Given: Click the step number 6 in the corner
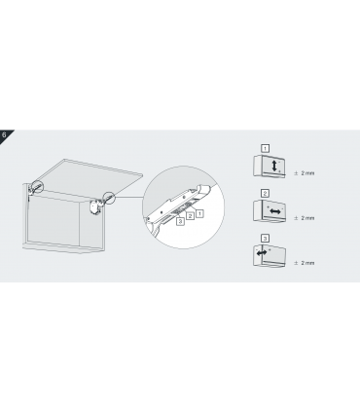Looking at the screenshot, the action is (4, 134).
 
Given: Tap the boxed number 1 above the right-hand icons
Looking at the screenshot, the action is (265, 148).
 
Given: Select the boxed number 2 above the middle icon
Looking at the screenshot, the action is (265, 194).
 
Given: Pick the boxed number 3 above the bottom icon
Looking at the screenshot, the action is (265, 239).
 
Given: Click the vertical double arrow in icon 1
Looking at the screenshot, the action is (274, 166).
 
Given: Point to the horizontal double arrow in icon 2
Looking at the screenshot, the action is (275, 211).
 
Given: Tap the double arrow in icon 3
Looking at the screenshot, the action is (262, 252).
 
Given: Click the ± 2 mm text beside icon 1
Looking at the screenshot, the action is (305, 173).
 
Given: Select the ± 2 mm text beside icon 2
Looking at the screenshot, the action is (305, 218).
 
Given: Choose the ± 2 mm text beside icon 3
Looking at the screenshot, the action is (305, 263).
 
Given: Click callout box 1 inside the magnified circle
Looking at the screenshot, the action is (200, 213).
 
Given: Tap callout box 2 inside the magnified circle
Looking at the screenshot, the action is (190, 215).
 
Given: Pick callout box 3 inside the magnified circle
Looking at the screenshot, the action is (180, 221).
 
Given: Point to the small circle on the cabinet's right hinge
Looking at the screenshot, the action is (109, 198).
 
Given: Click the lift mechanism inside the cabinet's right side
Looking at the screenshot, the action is (94, 207).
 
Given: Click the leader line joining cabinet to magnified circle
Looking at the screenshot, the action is (128, 197).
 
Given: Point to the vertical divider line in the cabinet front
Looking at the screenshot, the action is (80, 222).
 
